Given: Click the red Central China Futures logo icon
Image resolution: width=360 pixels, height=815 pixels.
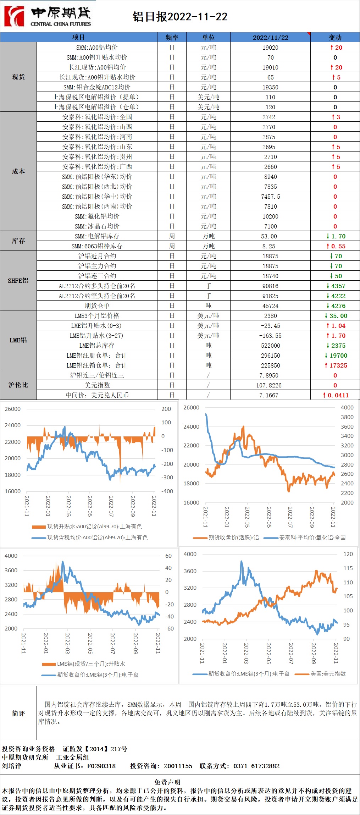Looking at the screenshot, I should [14, 16].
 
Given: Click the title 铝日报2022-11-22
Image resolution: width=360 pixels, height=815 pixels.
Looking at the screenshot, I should [180, 17].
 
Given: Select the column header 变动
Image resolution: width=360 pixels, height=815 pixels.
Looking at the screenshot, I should [335, 37].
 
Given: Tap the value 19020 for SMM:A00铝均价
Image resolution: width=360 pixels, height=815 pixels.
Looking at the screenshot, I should [270, 48].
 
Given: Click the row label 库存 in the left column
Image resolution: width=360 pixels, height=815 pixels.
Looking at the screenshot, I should [18, 241].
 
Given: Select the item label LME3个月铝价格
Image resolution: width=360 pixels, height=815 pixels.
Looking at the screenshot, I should [97, 316].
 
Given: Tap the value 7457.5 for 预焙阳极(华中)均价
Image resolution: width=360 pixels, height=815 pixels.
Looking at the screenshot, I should [270, 197].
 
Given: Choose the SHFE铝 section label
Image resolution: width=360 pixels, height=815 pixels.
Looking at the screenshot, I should [18, 281].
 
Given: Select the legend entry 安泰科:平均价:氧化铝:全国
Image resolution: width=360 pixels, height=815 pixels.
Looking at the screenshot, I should [312, 538].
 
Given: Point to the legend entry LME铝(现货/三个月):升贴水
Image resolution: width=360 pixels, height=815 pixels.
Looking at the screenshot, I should [91, 664].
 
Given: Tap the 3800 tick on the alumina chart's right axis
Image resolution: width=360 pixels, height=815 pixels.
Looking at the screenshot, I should [347, 417].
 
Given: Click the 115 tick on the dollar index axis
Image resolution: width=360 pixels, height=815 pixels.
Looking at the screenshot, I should [348, 568].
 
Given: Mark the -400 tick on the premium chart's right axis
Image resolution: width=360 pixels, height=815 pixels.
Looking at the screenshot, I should [167, 491].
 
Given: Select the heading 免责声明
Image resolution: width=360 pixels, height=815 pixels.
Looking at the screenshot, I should [167, 782].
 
